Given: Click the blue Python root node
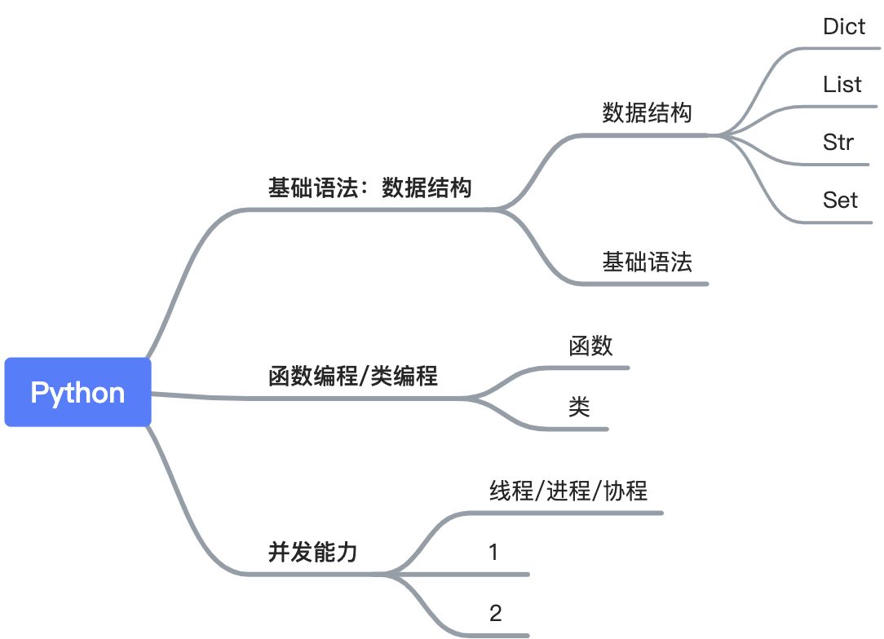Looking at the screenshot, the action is [x=77, y=392].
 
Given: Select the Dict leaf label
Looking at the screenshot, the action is [x=844, y=26].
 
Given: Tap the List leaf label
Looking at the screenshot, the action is [x=842, y=84].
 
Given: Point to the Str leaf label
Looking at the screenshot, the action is [x=838, y=142].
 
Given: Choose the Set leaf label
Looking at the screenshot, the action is [x=840, y=200].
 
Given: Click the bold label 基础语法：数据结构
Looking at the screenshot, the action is [x=369, y=188].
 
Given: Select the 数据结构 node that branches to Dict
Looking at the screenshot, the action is [x=647, y=112].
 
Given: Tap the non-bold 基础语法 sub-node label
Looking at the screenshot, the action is [x=647, y=262].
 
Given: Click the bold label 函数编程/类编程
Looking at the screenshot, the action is [x=353, y=376].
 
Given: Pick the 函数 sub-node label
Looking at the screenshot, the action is [x=590, y=346].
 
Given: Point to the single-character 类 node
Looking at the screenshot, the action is [x=579, y=407].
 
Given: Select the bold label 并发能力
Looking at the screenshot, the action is [x=313, y=553].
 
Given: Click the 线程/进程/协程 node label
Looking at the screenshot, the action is [x=568, y=491].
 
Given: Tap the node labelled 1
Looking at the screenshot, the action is [x=493, y=553].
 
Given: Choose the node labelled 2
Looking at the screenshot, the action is [x=495, y=613].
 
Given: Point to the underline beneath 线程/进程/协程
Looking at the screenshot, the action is [x=571, y=513].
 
